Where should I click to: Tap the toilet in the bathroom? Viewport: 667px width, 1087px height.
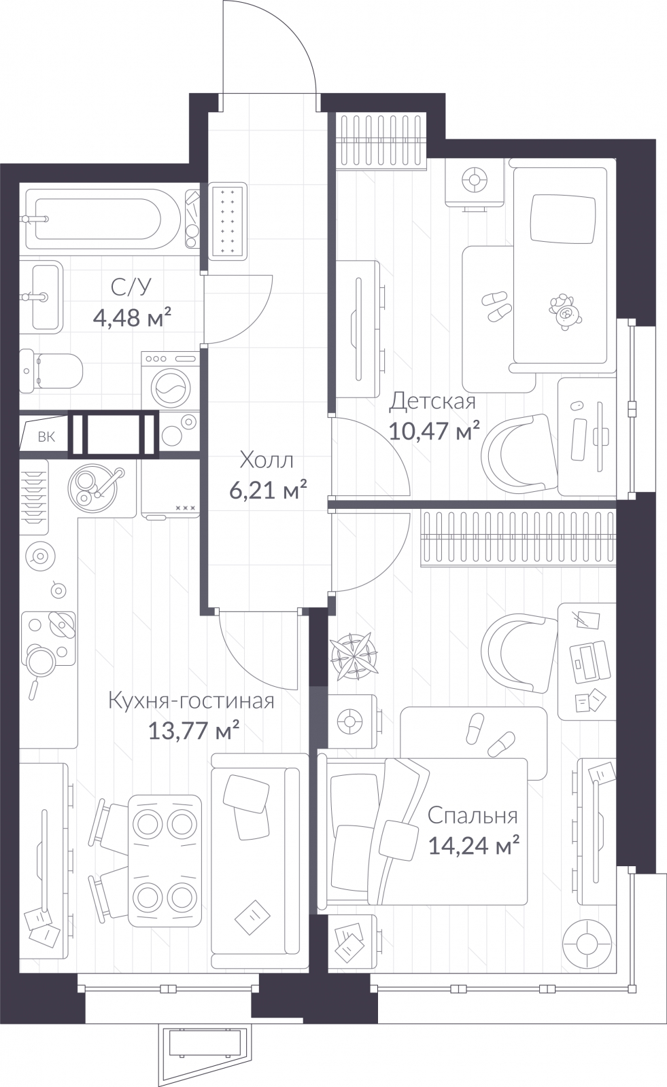(x=52, y=371)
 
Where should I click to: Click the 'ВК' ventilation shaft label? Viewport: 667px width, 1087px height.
(x=46, y=437)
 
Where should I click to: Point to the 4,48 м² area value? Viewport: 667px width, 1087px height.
(x=131, y=317)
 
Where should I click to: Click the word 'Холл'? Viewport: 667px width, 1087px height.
(x=267, y=461)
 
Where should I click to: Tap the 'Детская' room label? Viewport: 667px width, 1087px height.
(x=432, y=402)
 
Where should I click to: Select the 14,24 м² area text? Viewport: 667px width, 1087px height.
(x=474, y=846)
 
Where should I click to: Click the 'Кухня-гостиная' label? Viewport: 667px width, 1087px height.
(x=191, y=700)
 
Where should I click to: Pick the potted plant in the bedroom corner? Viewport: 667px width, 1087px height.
(x=354, y=656)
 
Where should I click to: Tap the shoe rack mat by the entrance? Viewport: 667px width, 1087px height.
(x=227, y=221)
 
